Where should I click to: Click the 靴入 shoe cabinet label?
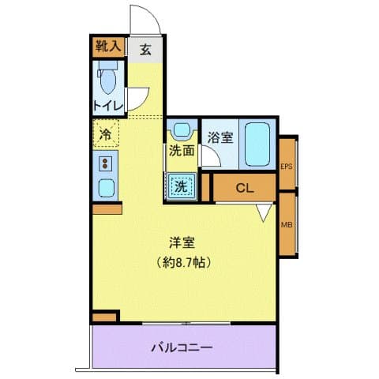click(x=107, y=47)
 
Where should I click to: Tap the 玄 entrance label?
click(x=146, y=48)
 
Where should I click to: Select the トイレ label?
click(x=106, y=105)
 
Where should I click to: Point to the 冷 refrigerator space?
click(x=105, y=133)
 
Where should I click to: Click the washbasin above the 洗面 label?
click(x=182, y=129)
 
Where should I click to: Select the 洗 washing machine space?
click(x=181, y=186)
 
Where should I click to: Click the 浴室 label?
click(x=220, y=137)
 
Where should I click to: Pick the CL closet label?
click(x=245, y=188)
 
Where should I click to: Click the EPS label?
click(x=287, y=165)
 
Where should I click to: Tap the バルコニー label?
click(x=182, y=346)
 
